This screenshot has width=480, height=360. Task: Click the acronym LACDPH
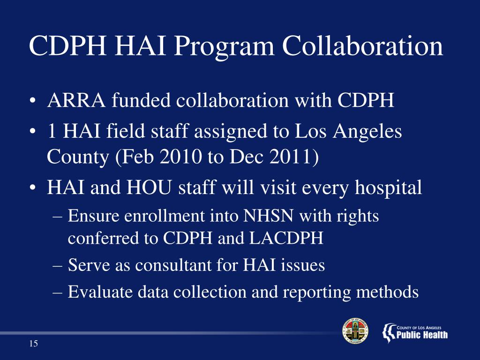pos(286,239)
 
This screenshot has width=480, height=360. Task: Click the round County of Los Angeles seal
pos(355,331)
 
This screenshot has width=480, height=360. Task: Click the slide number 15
pos(33,345)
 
